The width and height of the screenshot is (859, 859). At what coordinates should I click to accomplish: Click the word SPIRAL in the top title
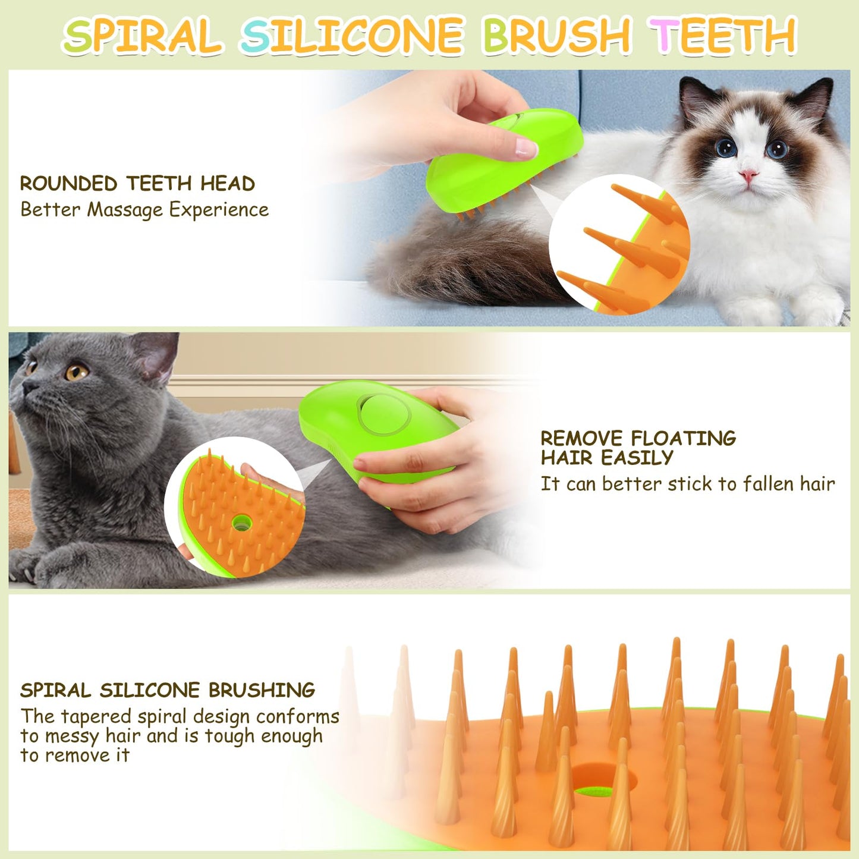click(143, 36)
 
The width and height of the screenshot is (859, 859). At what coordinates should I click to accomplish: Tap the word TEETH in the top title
click(722, 36)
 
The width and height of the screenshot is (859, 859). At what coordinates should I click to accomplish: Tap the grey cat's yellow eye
click(76, 373)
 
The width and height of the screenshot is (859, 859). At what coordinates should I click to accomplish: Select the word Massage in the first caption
click(125, 210)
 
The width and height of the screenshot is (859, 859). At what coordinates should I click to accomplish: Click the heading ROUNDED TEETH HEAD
click(137, 184)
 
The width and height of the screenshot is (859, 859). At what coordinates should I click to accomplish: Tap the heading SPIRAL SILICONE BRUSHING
click(168, 690)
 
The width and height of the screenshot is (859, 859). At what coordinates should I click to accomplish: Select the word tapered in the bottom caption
click(96, 717)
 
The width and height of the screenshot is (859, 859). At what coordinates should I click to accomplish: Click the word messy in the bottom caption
click(72, 737)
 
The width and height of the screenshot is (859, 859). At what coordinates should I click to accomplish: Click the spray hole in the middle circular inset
click(241, 523)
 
